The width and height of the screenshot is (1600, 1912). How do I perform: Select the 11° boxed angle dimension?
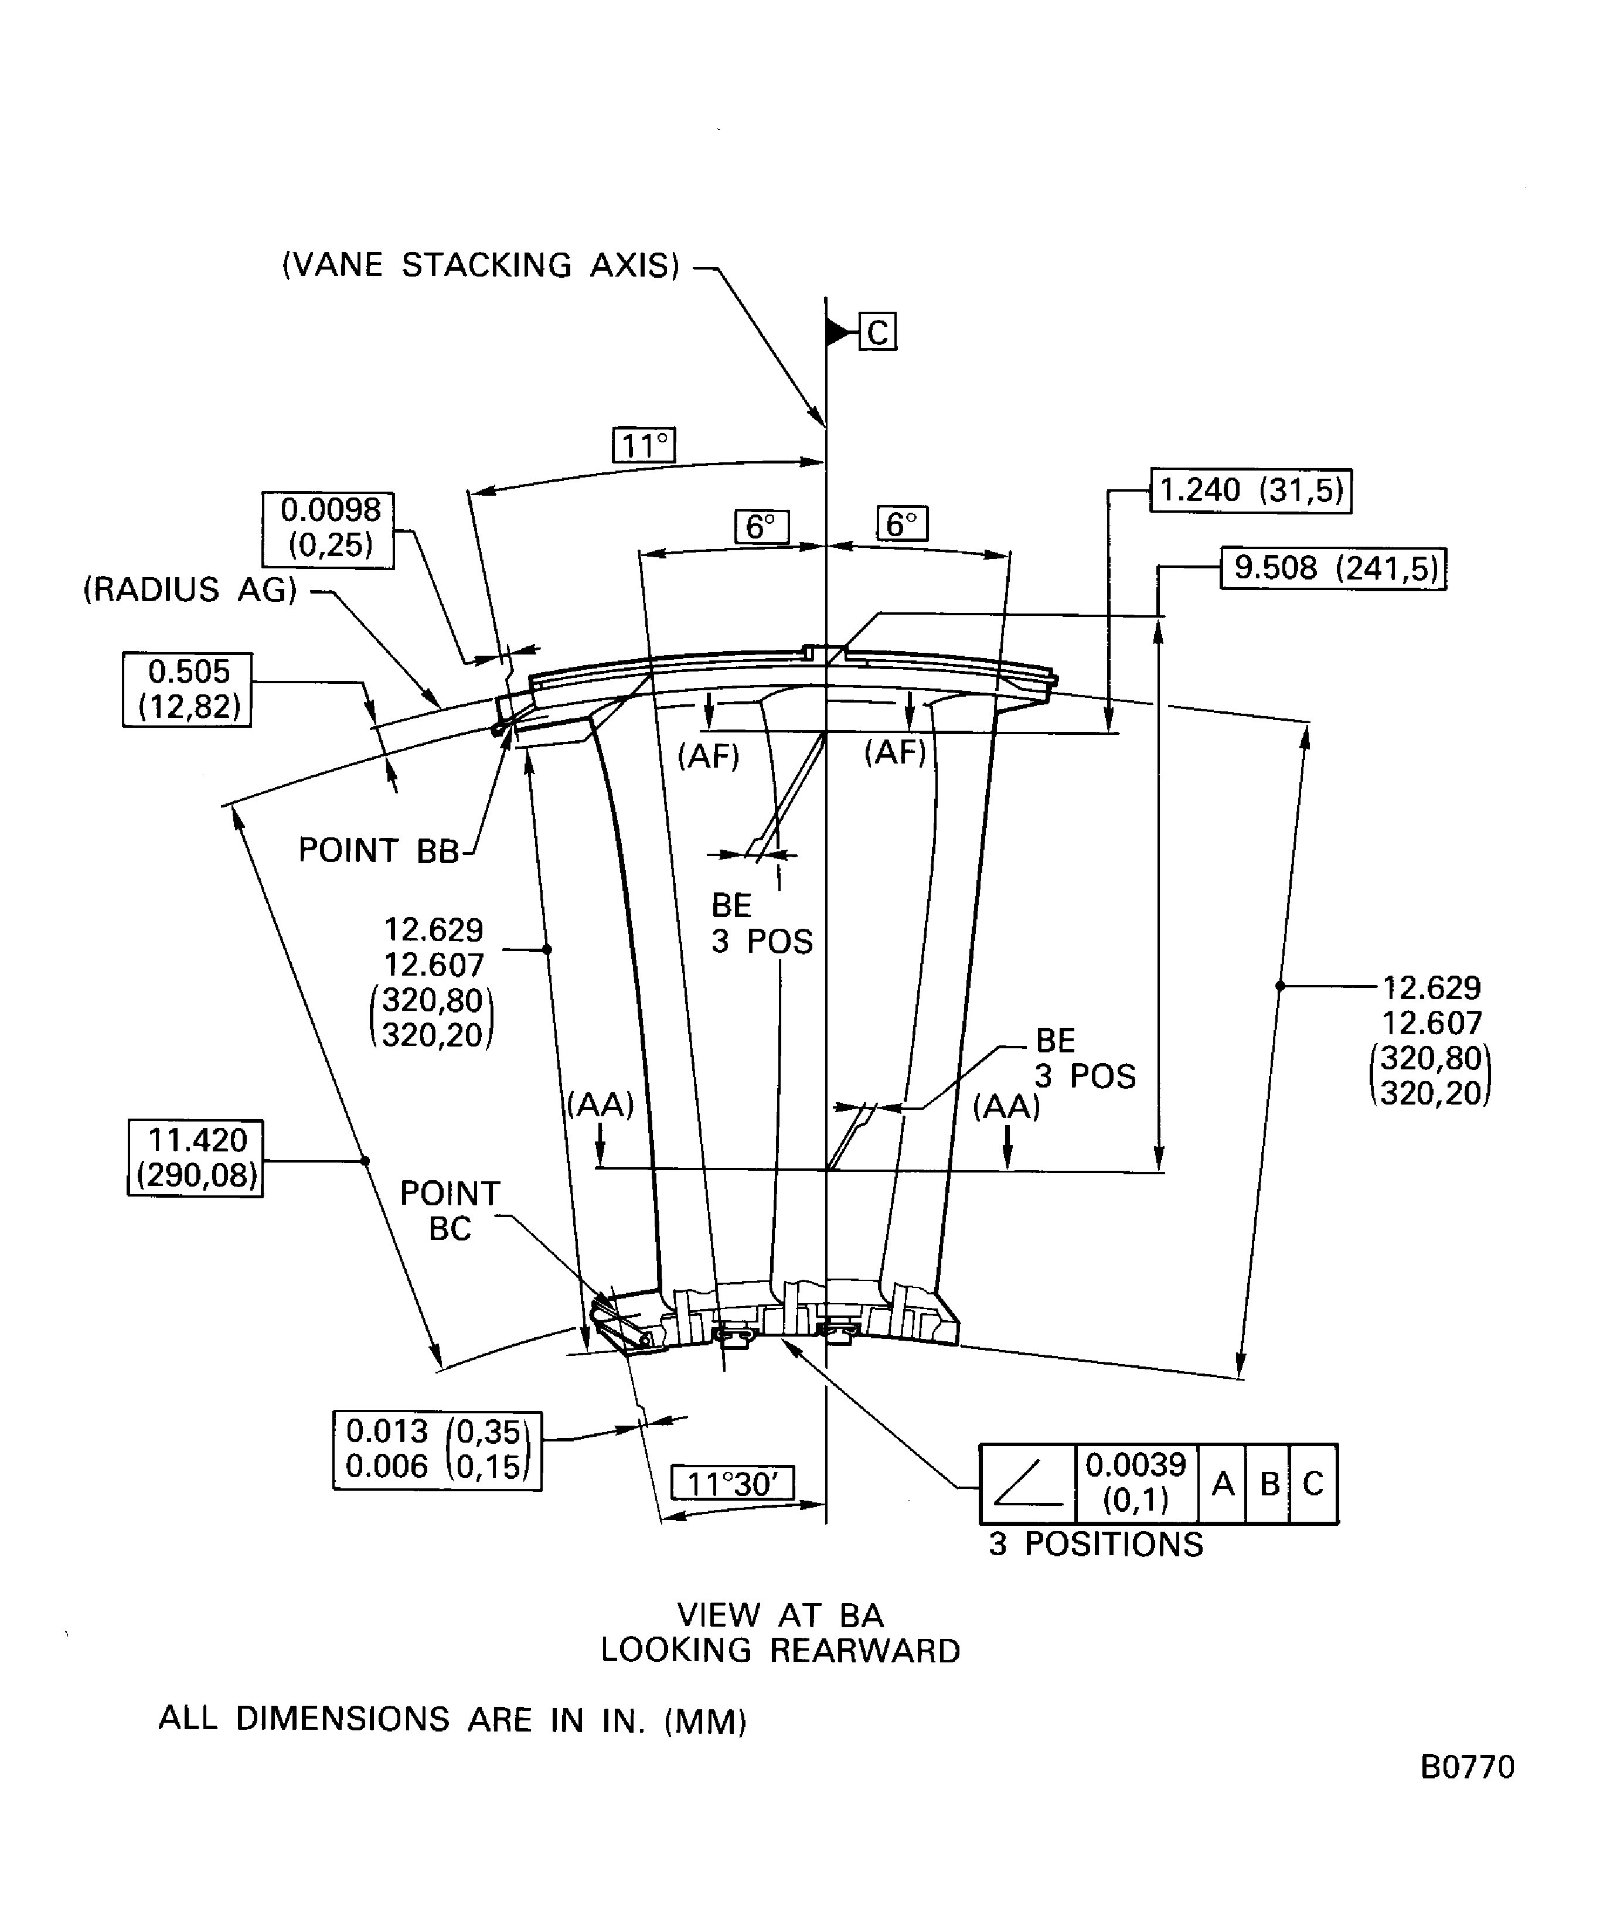pyautogui.click(x=644, y=446)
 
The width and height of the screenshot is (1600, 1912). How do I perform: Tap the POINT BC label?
pyautogui.click(x=450, y=1211)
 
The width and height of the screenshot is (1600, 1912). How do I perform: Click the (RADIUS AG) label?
pyautogui.click(x=190, y=590)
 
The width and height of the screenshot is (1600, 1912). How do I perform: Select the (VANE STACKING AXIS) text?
pyautogui.click(x=481, y=265)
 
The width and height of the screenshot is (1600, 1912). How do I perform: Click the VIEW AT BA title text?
pyautogui.click(x=781, y=1615)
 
